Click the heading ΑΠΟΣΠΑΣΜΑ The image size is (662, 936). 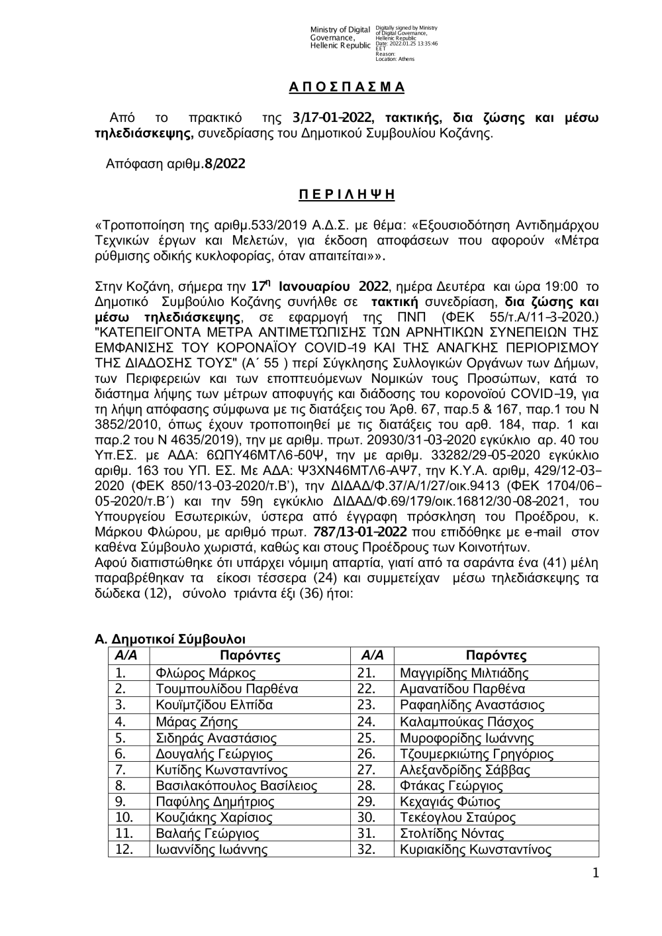(x=347, y=87)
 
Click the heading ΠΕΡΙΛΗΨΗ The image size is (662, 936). (x=347, y=194)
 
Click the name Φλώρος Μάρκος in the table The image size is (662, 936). (x=196, y=674)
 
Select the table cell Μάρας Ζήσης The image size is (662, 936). (x=196, y=722)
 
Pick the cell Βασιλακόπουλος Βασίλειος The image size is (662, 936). (x=236, y=786)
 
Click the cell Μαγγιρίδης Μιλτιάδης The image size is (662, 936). (x=464, y=674)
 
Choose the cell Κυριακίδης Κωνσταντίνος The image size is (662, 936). (x=475, y=851)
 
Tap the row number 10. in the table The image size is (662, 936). (x=124, y=818)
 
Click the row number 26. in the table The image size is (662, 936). (x=366, y=754)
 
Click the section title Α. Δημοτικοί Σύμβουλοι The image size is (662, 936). (x=170, y=639)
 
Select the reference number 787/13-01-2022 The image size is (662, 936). (x=360, y=532)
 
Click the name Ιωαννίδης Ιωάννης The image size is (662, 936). (x=206, y=851)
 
